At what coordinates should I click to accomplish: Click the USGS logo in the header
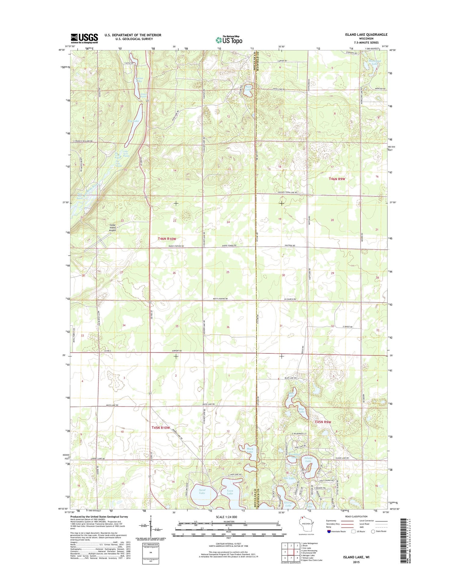click(84, 38)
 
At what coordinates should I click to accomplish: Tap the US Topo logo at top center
click(229, 40)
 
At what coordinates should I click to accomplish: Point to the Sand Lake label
click(202, 491)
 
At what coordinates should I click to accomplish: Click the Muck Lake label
click(250, 450)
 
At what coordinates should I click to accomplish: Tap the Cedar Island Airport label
click(113, 228)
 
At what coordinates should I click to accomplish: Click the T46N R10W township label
click(167, 239)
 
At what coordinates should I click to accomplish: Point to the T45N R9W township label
click(323, 422)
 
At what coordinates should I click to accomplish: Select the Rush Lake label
click(248, 88)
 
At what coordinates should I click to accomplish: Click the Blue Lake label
click(301, 410)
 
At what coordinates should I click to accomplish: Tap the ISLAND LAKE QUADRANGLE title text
click(366, 35)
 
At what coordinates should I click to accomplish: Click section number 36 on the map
click(228, 327)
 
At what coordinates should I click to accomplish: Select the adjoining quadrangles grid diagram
click(291, 551)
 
